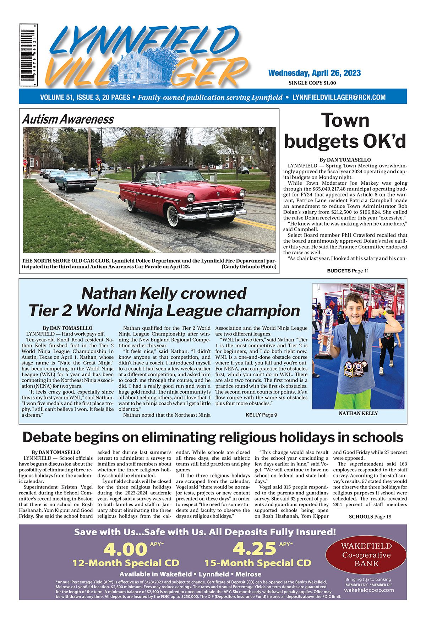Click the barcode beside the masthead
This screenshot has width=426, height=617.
[x=29, y=55]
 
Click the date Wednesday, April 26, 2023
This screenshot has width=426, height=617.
[x=314, y=73]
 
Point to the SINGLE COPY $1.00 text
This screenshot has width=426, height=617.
[x=312, y=83]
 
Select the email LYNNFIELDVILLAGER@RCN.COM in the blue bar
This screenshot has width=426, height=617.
[x=339, y=97]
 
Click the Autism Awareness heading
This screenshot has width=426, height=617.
[x=68, y=119]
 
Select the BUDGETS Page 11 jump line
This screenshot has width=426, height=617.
[x=348, y=271]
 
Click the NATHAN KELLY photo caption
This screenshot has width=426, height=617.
[x=358, y=413]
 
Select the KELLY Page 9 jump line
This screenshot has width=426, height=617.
[x=261, y=415]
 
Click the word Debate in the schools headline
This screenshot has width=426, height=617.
[x=48, y=437]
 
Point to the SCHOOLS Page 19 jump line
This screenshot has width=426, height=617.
[x=370, y=516]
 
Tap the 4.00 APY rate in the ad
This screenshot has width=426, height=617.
[x=125, y=549]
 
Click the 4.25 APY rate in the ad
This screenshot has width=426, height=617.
[x=254, y=549]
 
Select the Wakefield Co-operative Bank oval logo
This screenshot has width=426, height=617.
[x=366, y=555]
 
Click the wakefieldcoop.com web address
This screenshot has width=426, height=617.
[x=369, y=590]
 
